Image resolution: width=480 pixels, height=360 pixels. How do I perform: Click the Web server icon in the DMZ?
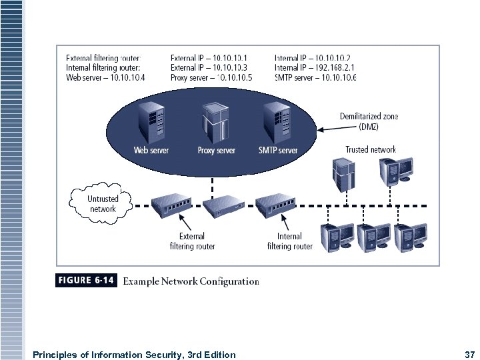[150, 121]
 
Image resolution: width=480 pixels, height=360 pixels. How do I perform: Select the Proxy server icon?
[215, 122]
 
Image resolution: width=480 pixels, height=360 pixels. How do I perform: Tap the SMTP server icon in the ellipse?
[277, 121]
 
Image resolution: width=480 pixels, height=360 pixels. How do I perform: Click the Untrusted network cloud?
[102, 203]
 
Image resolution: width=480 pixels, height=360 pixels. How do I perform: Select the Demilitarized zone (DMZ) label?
[369, 121]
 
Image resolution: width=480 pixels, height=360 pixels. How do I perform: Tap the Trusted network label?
[371, 149]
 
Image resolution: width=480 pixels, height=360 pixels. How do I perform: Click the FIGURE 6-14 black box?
[86, 281]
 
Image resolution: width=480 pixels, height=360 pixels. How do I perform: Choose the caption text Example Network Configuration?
[192, 281]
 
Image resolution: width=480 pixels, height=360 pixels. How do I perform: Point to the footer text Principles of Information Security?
[134, 355]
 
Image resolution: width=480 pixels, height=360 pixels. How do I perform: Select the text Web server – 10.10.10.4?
[106, 77]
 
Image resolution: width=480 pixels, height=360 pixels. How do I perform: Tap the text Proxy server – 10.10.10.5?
[211, 77]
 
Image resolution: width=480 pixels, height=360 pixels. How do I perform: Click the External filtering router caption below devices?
[191, 241]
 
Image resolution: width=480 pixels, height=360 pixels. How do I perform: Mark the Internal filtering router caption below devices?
[289, 241]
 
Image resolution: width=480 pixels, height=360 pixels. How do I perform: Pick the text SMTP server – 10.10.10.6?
[315, 77]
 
